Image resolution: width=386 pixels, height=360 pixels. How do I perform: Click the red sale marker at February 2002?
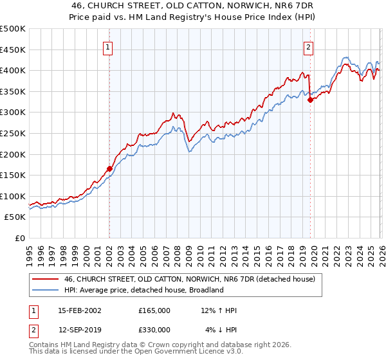(109, 169)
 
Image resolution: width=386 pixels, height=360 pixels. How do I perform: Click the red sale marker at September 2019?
(310, 100)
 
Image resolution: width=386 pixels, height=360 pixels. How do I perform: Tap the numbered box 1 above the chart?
(109, 46)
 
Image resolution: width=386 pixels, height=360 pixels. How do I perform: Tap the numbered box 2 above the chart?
(309, 46)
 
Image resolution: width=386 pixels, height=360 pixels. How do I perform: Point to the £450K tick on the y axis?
(13, 50)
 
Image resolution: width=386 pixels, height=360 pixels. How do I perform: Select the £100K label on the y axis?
(13, 196)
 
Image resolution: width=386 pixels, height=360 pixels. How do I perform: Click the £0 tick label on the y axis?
(19, 238)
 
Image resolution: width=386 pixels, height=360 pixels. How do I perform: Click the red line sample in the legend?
(45, 280)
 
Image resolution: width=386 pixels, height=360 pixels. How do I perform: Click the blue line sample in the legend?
(45, 291)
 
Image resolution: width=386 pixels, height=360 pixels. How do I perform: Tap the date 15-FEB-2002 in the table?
(80, 310)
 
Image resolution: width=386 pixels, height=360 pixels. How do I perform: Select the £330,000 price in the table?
(154, 330)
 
